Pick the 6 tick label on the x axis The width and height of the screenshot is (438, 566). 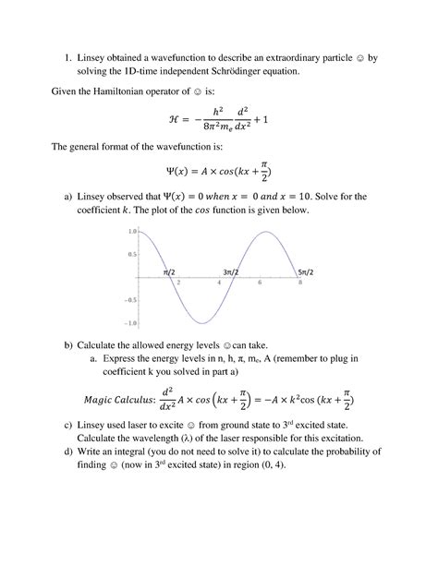260,283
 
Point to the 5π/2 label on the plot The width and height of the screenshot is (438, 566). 310,271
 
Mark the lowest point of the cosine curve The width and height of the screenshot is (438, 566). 201,323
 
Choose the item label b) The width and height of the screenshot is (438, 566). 67,344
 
